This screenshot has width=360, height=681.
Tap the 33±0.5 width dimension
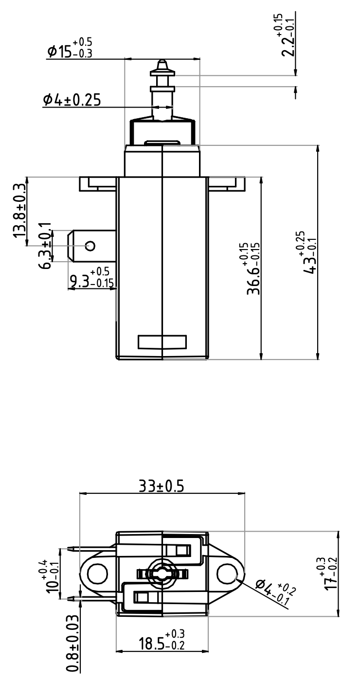162,486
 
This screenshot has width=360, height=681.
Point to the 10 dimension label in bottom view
52,573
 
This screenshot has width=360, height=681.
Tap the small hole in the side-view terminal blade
90,246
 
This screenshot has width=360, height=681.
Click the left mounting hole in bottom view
97,573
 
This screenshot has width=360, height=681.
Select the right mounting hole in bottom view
227,573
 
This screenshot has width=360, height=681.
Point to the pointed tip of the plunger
162,62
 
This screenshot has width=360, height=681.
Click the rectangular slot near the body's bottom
162,342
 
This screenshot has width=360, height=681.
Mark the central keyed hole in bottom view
162,574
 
